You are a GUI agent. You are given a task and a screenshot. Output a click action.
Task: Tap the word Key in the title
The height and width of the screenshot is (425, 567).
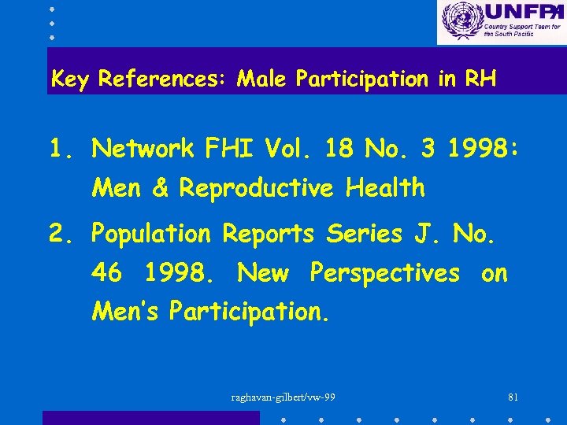[x=69, y=79]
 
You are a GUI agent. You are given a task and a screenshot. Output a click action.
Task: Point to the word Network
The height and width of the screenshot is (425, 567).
[x=143, y=148]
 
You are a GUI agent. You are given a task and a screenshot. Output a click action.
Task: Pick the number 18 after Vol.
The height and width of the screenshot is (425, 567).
[x=339, y=148]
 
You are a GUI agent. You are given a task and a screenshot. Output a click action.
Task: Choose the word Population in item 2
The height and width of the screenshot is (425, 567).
[x=151, y=235]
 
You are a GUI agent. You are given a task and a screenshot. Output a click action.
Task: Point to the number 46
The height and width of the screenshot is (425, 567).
[x=107, y=273]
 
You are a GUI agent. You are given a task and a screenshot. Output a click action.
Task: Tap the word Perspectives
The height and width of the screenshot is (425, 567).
[x=385, y=274]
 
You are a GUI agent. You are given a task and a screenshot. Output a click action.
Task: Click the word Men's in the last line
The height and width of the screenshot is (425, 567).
[x=126, y=312]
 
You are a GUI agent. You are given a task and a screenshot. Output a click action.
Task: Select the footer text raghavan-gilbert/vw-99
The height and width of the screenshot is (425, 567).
[x=283, y=397]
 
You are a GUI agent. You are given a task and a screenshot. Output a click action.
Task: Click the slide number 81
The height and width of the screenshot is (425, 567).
[x=513, y=397]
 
